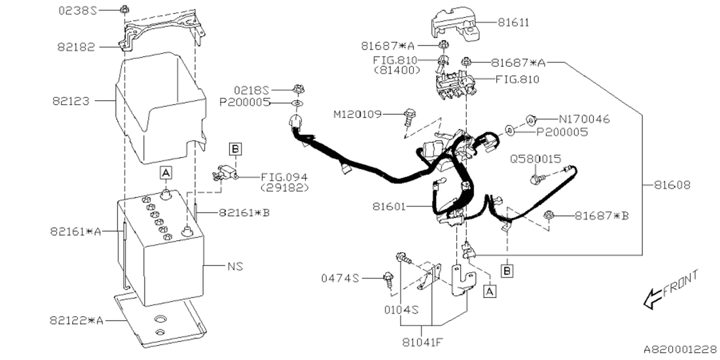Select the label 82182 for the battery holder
[76, 47]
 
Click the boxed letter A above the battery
[166, 173]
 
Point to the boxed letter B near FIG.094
[235, 148]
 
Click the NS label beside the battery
[236, 265]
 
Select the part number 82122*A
[76, 320]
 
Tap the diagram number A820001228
[679, 349]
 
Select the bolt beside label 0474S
[388, 278]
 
